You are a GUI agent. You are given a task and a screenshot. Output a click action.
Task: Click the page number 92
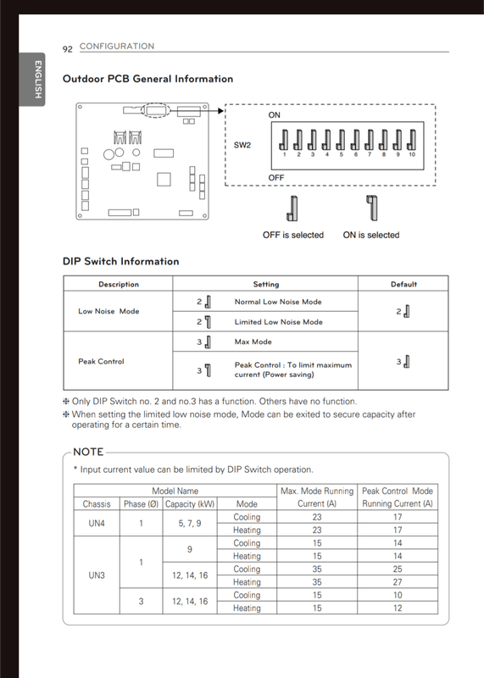click(x=68, y=49)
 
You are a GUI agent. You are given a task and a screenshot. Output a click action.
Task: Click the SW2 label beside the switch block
click(x=242, y=145)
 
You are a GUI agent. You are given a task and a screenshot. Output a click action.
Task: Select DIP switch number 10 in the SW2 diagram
click(x=412, y=140)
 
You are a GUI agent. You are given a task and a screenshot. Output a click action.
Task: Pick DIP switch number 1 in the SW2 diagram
click(x=284, y=140)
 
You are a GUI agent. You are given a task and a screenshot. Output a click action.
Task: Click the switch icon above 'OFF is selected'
click(x=292, y=208)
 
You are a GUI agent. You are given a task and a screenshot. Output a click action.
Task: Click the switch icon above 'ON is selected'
click(x=372, y=208)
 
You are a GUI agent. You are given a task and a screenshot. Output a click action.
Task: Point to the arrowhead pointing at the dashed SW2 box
click(x=221, y=111)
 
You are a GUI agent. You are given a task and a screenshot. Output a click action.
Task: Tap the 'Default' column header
click(x=404, y=284)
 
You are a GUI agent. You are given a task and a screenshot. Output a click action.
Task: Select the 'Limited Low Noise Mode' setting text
click(x=279, y=322)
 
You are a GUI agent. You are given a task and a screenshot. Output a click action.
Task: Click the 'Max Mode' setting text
click(x=253, y=342)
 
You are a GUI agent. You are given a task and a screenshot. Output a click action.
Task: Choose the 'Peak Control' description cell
click(x=101, y=361)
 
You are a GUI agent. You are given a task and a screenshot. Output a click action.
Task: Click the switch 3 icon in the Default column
click(x=406, y=362)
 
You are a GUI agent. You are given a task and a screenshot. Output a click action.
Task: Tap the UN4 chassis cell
click(x=97, y=523)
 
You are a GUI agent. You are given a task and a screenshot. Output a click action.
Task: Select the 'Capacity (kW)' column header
click(x=190, y=503)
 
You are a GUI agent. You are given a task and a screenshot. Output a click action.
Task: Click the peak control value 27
click(x=398, y=582)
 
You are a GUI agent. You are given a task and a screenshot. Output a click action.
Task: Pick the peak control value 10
click(x=398, y=595)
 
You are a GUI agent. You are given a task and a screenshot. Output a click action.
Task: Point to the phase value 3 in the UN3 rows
click(x=141, y=601)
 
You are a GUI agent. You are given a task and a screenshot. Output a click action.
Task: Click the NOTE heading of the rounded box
click(x=88, y=452)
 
